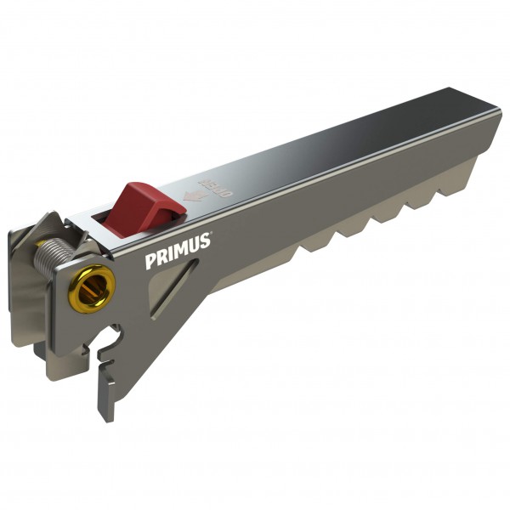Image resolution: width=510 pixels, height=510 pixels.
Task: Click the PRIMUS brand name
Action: coord(177,253)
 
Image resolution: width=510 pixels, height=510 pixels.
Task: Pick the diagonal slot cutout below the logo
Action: coord(173,289)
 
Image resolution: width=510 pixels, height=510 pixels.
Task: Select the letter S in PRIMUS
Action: coord(205,241)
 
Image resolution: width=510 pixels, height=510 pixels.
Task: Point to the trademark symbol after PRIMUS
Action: coord(212,235)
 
